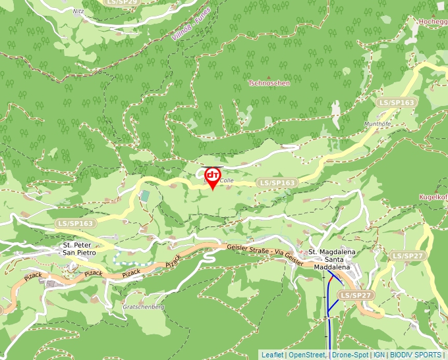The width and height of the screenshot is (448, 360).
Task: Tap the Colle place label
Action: (227, 180)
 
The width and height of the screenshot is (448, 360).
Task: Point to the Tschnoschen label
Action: (269, 84)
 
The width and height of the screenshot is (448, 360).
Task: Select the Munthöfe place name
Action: (378, 124)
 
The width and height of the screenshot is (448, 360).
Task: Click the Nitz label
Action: (78, 11)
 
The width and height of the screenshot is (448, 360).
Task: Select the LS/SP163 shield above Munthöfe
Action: (397, 103)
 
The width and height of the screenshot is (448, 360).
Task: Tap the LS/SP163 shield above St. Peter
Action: (75, 224)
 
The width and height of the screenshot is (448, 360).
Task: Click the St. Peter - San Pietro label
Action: (78, 248)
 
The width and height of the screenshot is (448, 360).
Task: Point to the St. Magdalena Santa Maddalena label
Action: (332, 260)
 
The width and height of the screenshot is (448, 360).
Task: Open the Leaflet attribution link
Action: (272, 355)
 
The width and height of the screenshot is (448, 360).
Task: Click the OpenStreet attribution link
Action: (308, 355)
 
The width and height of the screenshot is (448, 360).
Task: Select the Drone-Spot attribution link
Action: (350, 355)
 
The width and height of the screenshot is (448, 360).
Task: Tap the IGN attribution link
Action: (379, 355)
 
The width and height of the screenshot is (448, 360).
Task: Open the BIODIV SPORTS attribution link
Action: (415, 355)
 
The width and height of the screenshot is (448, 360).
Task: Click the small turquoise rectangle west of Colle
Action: (144, 196)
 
